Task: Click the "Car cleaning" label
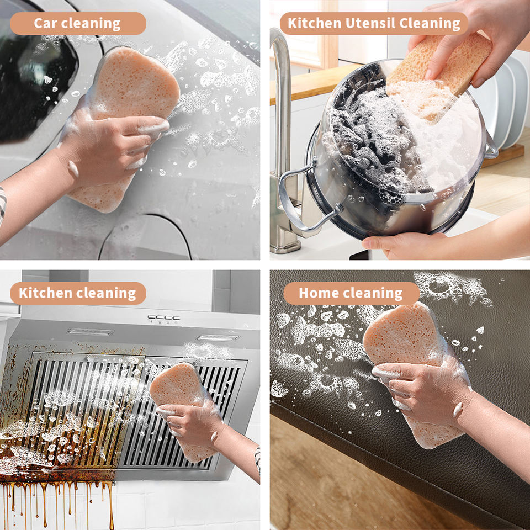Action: [78, 23]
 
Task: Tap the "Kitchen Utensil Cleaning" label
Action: [374, 23]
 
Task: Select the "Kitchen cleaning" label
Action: [78, 293]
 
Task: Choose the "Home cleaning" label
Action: [351, 293]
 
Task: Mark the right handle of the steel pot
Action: [492, 146]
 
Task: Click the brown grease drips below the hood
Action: [57, 500]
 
